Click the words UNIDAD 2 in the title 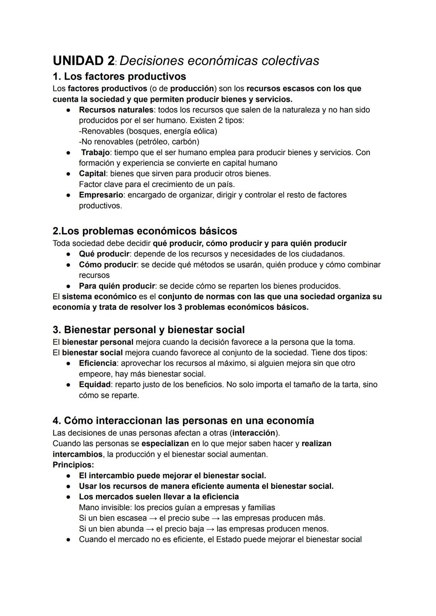click(84, 61)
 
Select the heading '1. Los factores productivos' click(119, 76)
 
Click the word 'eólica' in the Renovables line click(203, 131)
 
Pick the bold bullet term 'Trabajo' click(95, 153)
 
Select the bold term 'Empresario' click(101, 195)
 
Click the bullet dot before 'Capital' click(69, 174)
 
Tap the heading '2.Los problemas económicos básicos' click(145, 231)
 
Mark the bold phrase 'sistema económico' click(99, 296)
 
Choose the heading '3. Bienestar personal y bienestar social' click(149, 330)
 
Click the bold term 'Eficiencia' click(98, 363)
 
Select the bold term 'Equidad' click(94, 385)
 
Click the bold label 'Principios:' click(73, 465)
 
